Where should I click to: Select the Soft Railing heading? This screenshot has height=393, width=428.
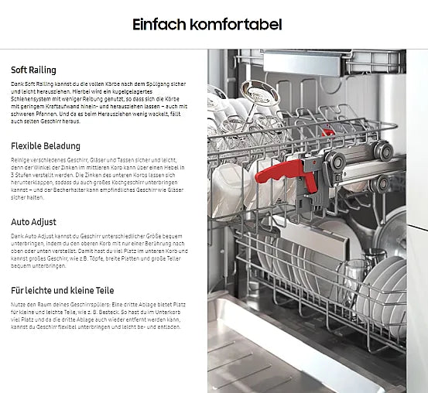pos(33,70)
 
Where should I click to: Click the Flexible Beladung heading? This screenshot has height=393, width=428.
pos(46,145)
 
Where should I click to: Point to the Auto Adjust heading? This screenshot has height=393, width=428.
pos(33,222)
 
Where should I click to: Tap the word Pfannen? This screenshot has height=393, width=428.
pos(53,114)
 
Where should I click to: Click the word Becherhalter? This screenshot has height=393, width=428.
pos(73,190)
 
